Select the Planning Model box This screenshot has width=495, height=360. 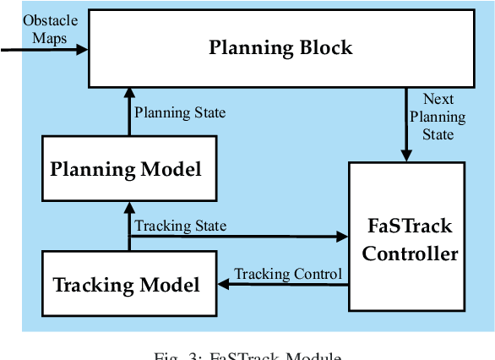tap(126, 169)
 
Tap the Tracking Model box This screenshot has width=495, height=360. tap(127, 284)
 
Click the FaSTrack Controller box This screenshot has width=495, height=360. tap(406, 239)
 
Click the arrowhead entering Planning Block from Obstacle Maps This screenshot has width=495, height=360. tap(82, 50)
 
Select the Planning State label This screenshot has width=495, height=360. tap(181, 112)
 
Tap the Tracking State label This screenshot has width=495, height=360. tap(181, 226)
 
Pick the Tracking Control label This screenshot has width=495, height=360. tap(288, 274)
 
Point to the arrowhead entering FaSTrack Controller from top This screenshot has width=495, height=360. tap(406, 155)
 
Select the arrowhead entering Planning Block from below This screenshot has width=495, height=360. tap(128, 90)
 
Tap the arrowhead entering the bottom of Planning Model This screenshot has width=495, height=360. tap(128, 205)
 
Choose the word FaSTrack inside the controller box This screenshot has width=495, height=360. tap(410, 226)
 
